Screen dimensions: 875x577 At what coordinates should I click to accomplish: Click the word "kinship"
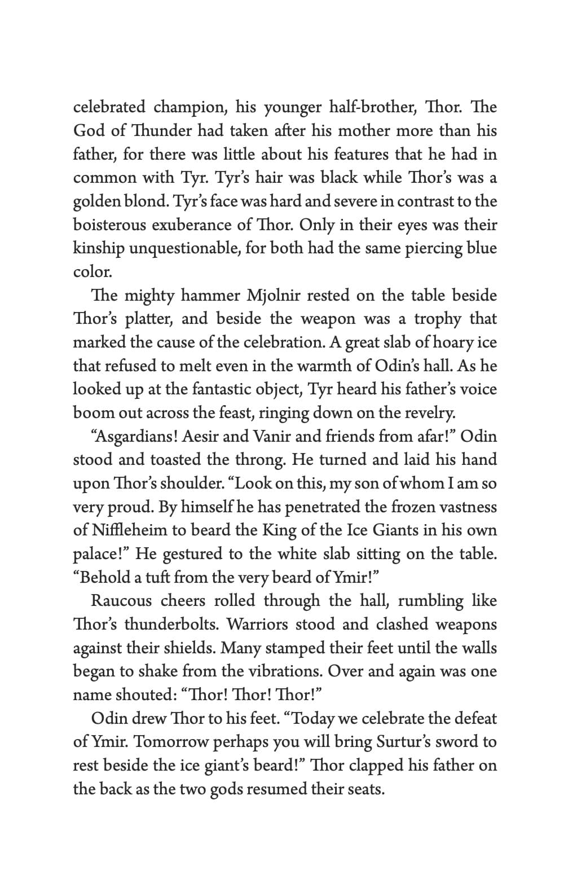(98, 249)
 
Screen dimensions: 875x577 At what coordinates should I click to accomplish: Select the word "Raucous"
(121, 601)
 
